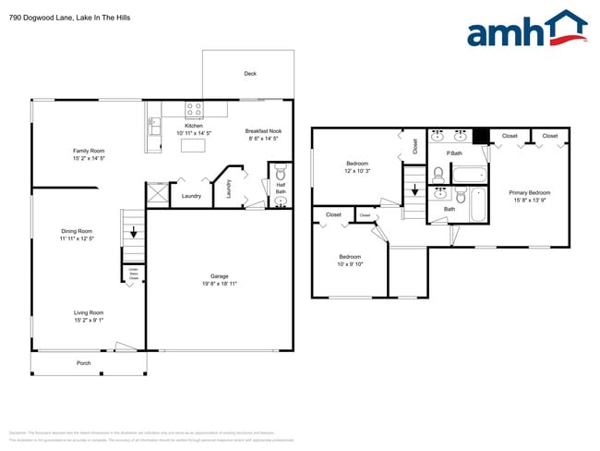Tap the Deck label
tap(249, 74)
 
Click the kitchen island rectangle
tap(193, 145)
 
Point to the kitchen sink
tap(153, 124)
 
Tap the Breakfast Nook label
tap(263, 131)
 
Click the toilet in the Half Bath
tap(281, 173)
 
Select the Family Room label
tap(90, 151)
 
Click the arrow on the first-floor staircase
tap(135, 232)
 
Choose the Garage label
tap(219, 276)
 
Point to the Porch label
tap(83, 363)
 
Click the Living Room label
tap(89, 313)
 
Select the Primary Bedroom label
tap(530, 193)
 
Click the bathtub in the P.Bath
tap(471, 174)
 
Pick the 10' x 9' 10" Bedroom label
tap(350, 257)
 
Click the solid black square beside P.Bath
tap(480, 136)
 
